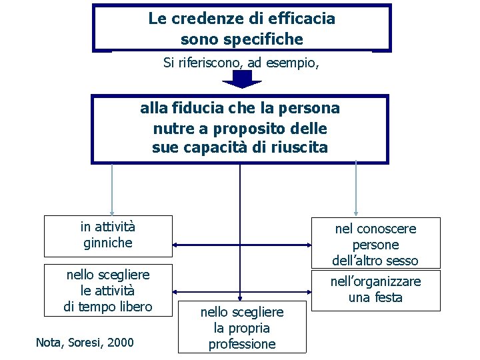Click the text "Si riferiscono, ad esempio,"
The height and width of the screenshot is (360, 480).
point(241,63)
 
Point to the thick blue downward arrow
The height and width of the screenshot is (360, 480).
point(241,79)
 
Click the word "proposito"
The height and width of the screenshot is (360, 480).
point(248,127)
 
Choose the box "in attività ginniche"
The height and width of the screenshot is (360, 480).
point(108,236)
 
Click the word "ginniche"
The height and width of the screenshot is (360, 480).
point(108,243)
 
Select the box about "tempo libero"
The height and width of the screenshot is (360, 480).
point(108,290)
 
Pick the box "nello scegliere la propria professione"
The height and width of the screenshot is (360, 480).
point(241,327)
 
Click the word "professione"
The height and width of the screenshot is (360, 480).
point(241,344)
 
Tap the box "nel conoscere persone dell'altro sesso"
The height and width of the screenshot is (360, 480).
point(376,244)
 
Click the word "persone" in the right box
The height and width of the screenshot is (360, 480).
point(376,245)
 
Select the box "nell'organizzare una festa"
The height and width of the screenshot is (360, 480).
point(376,290)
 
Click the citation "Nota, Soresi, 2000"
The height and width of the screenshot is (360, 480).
point(85,343)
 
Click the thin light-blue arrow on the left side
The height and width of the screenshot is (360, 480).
point(112,189)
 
